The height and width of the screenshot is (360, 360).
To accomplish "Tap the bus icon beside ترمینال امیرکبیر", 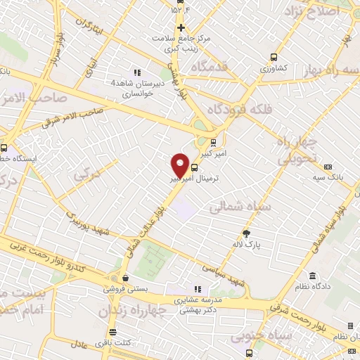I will (195, 167).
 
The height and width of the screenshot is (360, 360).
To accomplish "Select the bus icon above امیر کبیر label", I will (214, 142).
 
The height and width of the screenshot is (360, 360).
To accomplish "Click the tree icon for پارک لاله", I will (246, 233).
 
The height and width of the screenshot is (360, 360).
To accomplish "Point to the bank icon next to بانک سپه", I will (328, 167).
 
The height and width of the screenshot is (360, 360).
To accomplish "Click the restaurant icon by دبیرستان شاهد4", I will (137, 72).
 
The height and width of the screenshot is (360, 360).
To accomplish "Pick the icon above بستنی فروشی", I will (124, 278).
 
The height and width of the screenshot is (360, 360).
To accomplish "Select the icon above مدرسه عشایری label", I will (198, 289).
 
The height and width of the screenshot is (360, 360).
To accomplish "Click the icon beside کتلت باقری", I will (112, 332).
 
